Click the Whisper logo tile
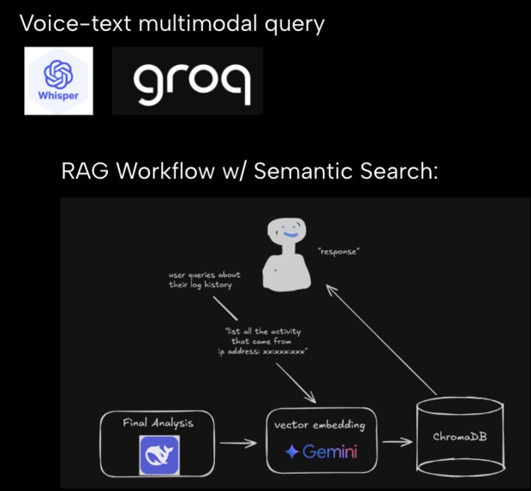(58, 81)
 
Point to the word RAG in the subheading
(86, 171)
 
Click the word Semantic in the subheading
(295, 171)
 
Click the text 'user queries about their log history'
(205, 280)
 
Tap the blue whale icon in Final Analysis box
(158, 454)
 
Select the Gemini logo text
(321, 451)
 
